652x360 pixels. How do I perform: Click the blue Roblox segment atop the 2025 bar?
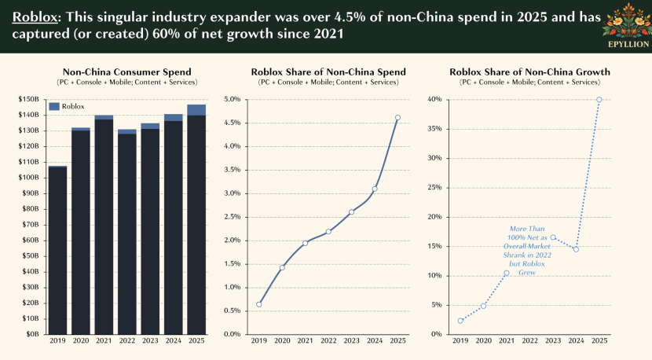tap(196, 109)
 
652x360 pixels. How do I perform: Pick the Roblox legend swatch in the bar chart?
tap(54, 106)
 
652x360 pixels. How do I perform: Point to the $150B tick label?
tap(30, 99)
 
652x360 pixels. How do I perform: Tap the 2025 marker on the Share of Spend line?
tap(397, 118)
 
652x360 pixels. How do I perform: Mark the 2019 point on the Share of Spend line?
tap(259, 304)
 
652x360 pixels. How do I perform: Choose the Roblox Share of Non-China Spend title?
tap(328, 72)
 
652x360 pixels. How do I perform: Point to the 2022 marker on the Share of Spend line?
tap(328, 231)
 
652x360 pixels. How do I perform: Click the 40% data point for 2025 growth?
tap(599, 100)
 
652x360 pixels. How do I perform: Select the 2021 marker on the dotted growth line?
tap(507, 274)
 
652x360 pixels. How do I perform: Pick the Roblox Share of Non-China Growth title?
tap(529, 72)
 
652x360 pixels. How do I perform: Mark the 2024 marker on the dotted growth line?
tap(576, 249)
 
